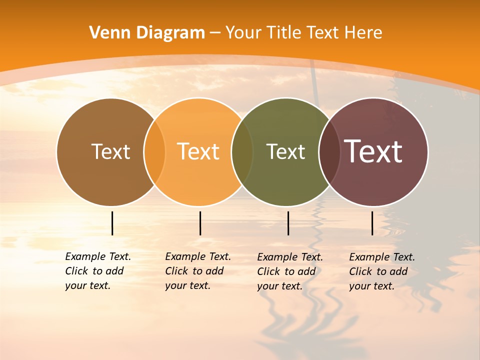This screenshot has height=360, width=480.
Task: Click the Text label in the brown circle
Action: point(111,151)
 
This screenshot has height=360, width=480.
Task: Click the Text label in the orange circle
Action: point(198,151)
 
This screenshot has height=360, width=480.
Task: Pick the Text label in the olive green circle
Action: point(285,151)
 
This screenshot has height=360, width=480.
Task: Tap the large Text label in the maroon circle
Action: point(373,151)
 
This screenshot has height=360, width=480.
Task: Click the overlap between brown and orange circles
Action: point(154,152)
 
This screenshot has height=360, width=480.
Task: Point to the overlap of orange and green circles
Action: point(242,152)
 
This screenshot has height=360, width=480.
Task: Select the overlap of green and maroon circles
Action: point(329,152)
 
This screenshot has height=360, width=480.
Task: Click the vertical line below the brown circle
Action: point(112,223)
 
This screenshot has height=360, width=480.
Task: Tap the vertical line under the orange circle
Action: point(200,223)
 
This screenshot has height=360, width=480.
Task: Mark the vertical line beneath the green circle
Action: point(288,223)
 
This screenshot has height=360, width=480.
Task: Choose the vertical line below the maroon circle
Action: point(372,223)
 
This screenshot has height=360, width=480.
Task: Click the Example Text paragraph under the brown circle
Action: point(97,271)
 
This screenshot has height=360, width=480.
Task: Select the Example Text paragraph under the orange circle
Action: point(197,271)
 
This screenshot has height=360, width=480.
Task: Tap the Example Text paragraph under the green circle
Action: point(289,271)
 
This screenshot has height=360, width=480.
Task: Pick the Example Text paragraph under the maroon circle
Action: point(381,271)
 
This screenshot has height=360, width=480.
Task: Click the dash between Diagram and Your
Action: point(215,33)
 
